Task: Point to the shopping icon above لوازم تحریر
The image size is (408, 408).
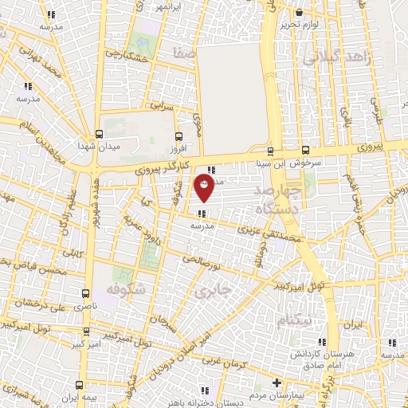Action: tap(300, 13)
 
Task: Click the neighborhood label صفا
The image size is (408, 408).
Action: tap(185, 52)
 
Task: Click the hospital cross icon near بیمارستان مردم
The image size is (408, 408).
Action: tap(277, 382)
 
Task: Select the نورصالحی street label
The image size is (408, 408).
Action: tap(194, 261)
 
